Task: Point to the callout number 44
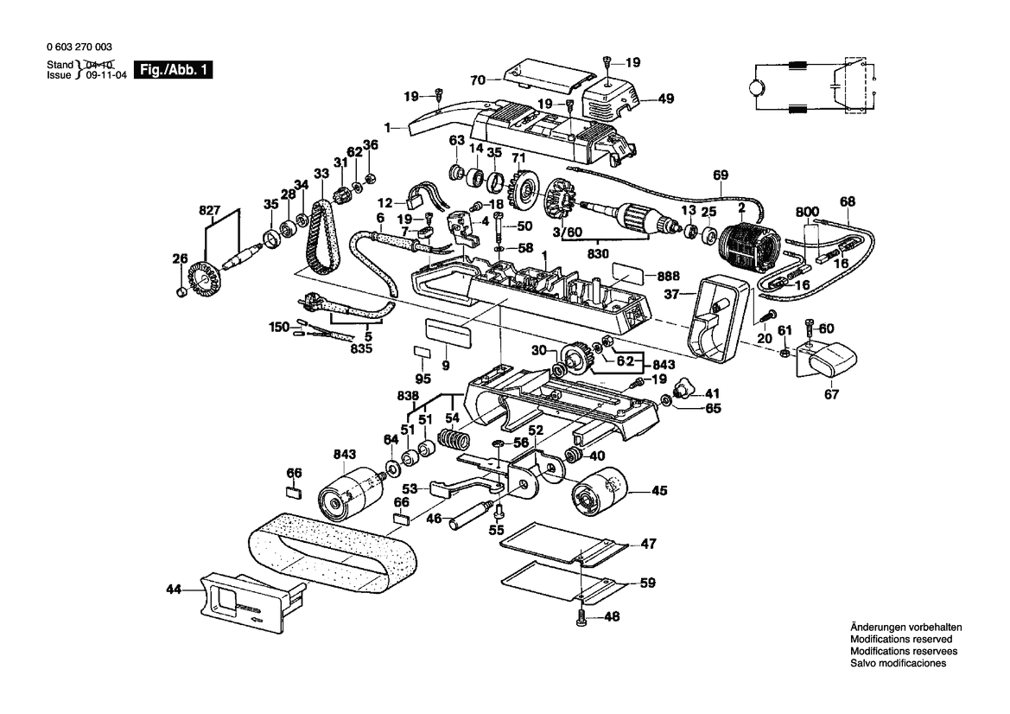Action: click(x=175, y=590)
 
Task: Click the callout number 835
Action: click(x=361, y=348)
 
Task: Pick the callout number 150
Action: click(x=278, y=327)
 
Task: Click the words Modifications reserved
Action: click(x=901, y=639)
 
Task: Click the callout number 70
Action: click(x=476, y=80)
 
